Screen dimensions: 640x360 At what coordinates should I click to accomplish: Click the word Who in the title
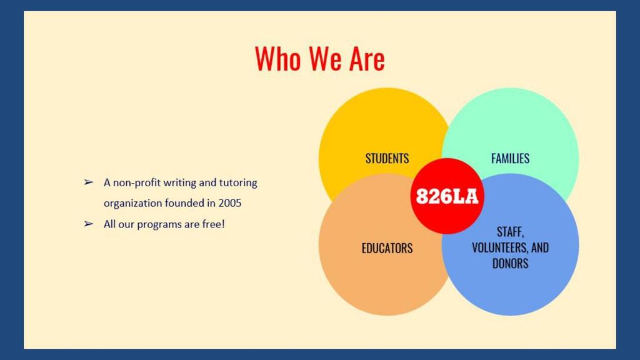pyautogui.click(x=279, y=59)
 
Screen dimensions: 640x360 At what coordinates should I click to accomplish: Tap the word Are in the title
pyautogui.click(x=367, y=59)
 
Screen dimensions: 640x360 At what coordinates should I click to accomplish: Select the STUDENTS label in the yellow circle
pyautogui.click(x=387, y=158)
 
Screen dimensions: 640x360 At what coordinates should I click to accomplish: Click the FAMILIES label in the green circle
pyautogui.click(x=510, y=158)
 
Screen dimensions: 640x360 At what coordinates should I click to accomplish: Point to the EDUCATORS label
pyautogui.click(x=387, y=248)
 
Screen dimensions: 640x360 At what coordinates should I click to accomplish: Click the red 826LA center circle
pyautogui.click(x=447, y=196)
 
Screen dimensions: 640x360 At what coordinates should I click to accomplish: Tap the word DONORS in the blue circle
pyautogui.click(x=510, y=264)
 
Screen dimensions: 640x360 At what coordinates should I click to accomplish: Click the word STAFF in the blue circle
pyautogui.click(x=510, y=232)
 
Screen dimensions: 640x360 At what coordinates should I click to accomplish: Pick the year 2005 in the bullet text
pyautogui.click(x=230, y=203)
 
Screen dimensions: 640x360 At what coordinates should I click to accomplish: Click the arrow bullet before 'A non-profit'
pyautogui.click(x=89, y=182)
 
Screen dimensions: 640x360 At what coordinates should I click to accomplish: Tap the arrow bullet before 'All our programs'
pyautogui.click(x=89, y=224)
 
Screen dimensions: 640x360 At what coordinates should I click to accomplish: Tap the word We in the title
pyautogui.click(x=326, y=59)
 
